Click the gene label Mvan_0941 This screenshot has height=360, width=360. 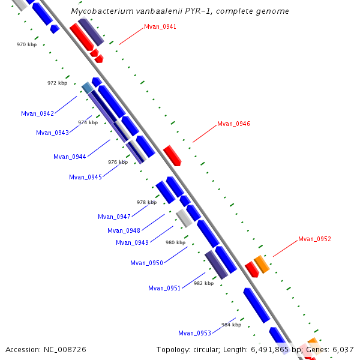(x=160, y=26)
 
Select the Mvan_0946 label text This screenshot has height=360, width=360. (x=233, y=124)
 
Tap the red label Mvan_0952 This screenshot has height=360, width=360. (x=314, y=239)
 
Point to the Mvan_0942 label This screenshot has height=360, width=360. (x=37, y=113)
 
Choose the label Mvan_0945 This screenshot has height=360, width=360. (x=85, y=177)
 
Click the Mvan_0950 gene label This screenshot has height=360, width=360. (x=146, y=263)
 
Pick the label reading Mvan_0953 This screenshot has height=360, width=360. (x=194, y=333)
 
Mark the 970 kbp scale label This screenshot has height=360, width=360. (x=26, y=44)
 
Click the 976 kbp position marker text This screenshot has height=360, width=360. (x=118, y=162)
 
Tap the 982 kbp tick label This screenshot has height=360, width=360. (x=203, y=283)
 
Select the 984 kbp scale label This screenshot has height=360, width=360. (x=231, y=325)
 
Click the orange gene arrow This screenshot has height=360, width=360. (x=261, y=264)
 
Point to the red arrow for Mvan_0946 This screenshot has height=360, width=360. (x=172, y=155)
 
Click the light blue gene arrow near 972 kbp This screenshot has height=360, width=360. (x=88, y=88)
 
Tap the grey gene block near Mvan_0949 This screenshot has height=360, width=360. (x=184, y=218)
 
